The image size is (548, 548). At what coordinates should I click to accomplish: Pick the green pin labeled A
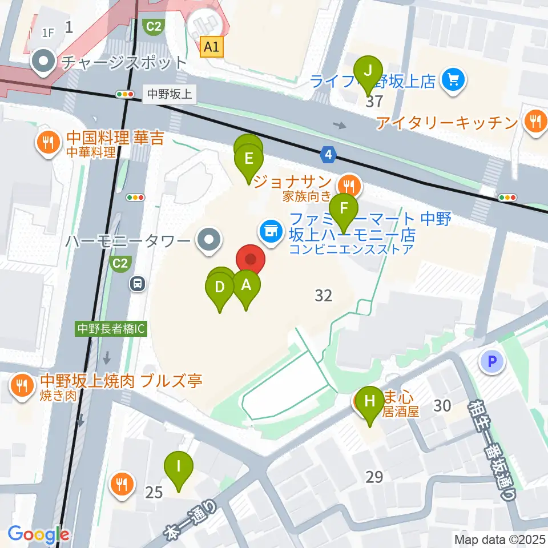click(x=246, y=284)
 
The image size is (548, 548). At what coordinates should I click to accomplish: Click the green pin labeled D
click(x=220, y=287)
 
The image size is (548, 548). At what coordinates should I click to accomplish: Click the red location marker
click(x=251, y=260)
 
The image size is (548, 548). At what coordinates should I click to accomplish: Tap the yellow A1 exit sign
click(x=212, y=47)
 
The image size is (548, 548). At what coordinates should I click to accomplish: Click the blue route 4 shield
click(x=328, y=154)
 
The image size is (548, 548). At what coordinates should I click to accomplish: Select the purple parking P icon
click(x=492, y=361)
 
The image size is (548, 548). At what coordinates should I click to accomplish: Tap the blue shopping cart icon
click(x=454, y=79)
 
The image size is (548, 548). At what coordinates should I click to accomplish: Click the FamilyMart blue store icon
click(x=270, y=231)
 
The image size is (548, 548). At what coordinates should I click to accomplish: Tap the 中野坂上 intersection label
click(x=170, y=94)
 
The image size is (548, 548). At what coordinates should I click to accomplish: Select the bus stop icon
click(x=136, y=283)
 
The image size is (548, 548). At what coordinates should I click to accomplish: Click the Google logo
click(x=39, y=535)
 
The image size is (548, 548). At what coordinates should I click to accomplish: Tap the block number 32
click(x=323, y=295)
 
